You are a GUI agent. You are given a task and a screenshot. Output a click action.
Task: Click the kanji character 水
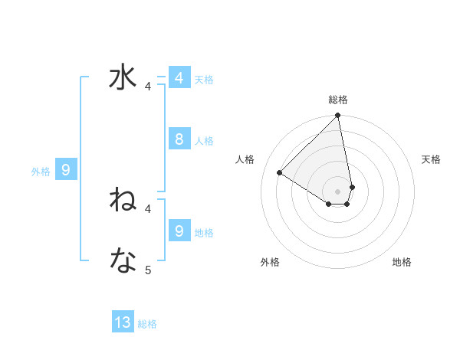point(123,78)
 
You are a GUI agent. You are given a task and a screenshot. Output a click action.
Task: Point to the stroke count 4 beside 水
point(148,87)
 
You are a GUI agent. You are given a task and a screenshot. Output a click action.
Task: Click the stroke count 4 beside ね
point(148,208)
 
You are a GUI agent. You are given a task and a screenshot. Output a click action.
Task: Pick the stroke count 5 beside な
point(148,270)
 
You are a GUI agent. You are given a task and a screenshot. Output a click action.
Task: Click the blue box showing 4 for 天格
point(179,78)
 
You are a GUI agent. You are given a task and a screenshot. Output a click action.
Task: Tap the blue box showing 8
point(179,139)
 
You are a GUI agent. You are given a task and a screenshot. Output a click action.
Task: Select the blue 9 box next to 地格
point(179,231)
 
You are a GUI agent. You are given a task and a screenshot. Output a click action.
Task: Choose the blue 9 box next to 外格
point(66,170)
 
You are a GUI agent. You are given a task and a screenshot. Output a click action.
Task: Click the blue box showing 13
point(123,322)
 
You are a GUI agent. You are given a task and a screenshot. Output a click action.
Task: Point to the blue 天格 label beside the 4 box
point(204,80)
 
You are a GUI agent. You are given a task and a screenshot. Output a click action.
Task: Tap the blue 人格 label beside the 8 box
point(204,141)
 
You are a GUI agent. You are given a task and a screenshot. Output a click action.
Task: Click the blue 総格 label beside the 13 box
point(147,324)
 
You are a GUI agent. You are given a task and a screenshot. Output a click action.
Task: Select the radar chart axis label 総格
point(338,100)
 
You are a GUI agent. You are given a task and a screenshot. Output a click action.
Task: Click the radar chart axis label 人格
point(245,159)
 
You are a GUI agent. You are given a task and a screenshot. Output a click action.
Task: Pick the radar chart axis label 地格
point(402,262)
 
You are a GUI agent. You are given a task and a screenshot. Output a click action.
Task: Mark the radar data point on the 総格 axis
point(338,116)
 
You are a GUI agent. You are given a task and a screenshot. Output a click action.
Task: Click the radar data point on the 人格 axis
point(280,172)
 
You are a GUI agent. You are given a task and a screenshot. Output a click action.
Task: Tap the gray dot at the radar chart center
point(338,191)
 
